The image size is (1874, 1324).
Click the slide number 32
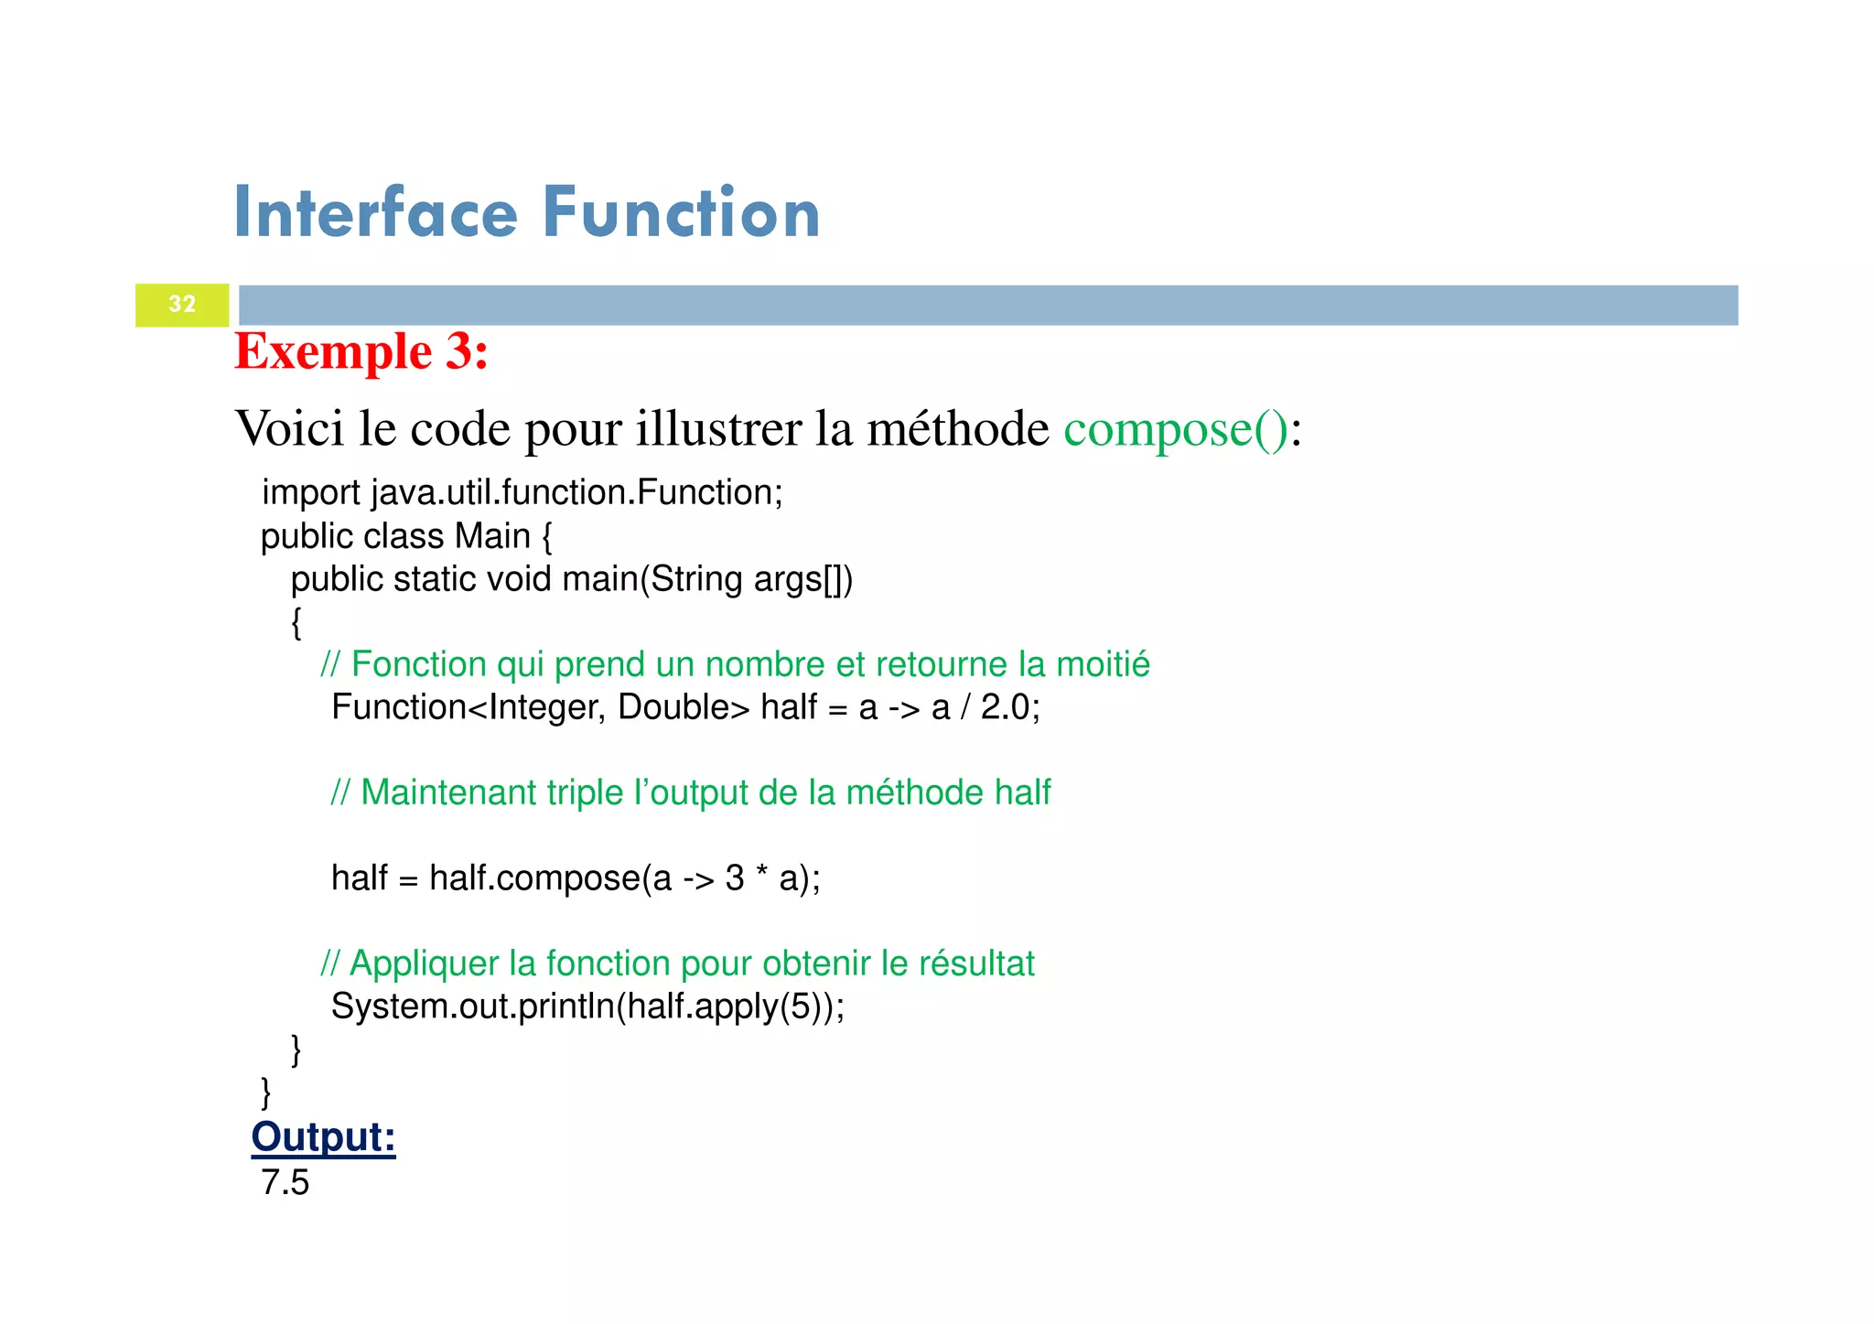(x=182, y=304)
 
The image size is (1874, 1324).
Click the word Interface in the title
(x=376, y=213)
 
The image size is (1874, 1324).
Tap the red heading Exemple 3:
(x=361, y=351)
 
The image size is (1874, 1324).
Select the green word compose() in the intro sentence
(x=1176, y=429)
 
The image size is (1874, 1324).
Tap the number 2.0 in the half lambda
(x=1005, y=707)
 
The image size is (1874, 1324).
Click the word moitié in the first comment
(x=1103, y=664)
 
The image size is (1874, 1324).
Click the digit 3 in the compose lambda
(x=735, y=878)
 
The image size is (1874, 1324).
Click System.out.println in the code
(x=472, y=1006)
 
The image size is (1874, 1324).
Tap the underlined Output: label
(x=323, y=1137)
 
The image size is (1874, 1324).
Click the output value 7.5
(x=285, y=1183)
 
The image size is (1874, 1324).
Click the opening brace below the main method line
(x=296, y=623)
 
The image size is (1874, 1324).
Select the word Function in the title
(x=681, y=213)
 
